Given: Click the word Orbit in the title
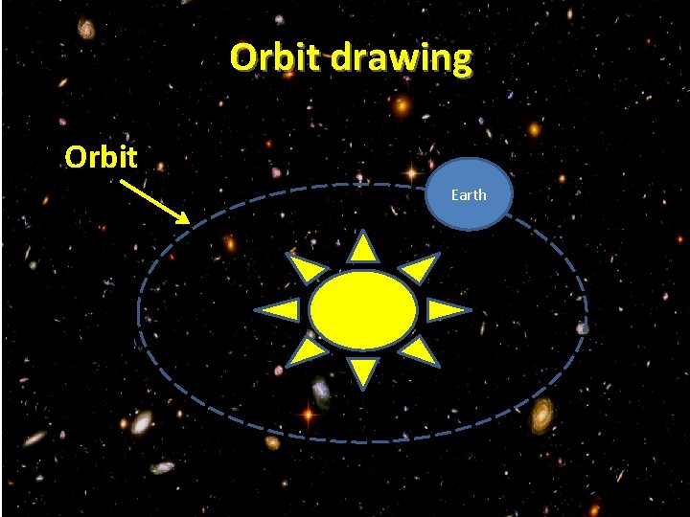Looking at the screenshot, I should pyautogui.click(x=278, y=58).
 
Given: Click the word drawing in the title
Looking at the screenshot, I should pyautogui.click(x=402, y=59).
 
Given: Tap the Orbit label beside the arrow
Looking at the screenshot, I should pyautogui.click(x=102, y=156).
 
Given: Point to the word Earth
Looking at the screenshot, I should pyautogui.click(x=469, y=194).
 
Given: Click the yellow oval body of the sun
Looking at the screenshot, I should pyautogui.click(x=363, y=309).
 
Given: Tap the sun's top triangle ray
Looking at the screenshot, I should pyautogui.click(x=363, y=249).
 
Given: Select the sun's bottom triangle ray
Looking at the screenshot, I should pyautogui.click(x=362, y=371).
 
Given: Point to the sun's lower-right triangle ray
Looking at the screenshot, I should pyautogui.click(x=419, y=351).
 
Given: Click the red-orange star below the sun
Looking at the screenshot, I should pyautogui.click(x=308, y=416).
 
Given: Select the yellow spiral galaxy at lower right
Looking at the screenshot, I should pyautogui.click(x=542, y=415).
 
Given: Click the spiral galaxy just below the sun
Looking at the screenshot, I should pyautogui.click(x=321, y=393).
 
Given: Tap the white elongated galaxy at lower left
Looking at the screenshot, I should pyautogui.click(x=142, y=423).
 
